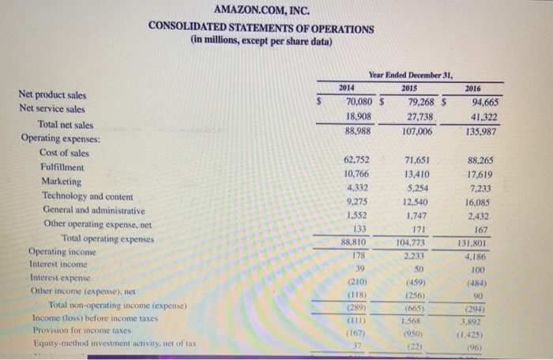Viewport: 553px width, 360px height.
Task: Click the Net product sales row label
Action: (x=52, y=95)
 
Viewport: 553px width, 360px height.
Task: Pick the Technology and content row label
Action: (x=88, y=196)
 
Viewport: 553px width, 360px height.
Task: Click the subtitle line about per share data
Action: (x=261, y=42)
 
